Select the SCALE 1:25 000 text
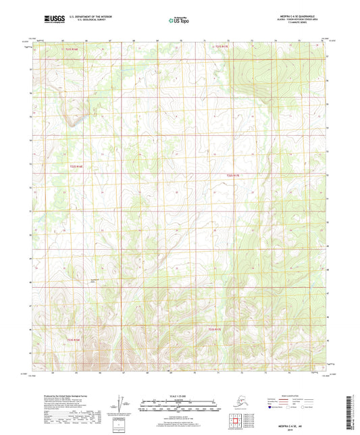click(x=179, y=396)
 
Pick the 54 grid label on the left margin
click(x=47, y=140)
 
